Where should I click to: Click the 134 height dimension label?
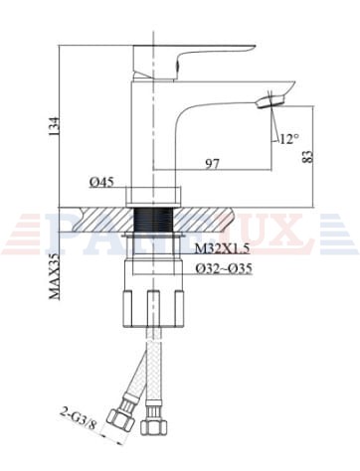[54, 126]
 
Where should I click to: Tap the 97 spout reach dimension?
[212, 164]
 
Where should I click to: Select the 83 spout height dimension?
[307, 156]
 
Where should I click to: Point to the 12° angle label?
[290, 139]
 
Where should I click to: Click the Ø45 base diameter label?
[101, 182]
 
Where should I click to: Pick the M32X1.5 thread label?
[222, 248]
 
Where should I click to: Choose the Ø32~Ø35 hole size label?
[224, 268]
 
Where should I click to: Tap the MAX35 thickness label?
[55, 276]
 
